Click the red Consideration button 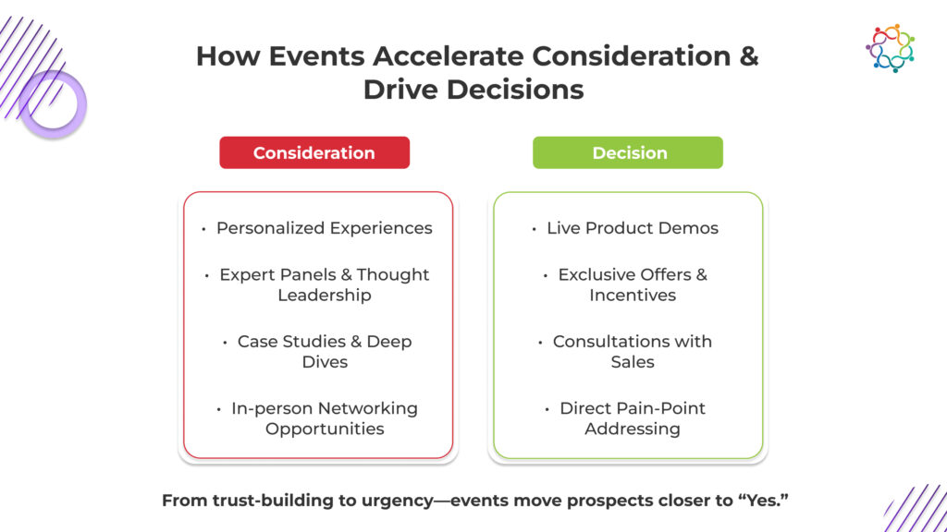314,152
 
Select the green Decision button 628,152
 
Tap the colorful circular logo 891,48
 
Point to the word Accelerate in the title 449,56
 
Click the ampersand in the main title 748,56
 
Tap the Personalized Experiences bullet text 325,228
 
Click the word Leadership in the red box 325,295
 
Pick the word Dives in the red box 325,362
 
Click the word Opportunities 325,429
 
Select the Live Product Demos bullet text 633,228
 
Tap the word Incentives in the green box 633,295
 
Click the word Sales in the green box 633,362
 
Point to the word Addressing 633,429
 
